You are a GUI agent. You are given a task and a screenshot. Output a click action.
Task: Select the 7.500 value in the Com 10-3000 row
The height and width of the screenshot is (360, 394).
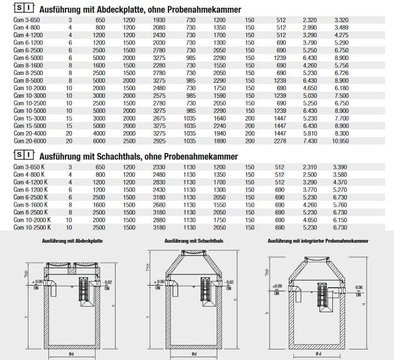pos(340,95)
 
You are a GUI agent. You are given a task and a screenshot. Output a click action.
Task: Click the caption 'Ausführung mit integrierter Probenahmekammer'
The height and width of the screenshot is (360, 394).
pos(317,241)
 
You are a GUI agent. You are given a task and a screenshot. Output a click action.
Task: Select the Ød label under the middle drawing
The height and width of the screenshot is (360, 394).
pos(193,354)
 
